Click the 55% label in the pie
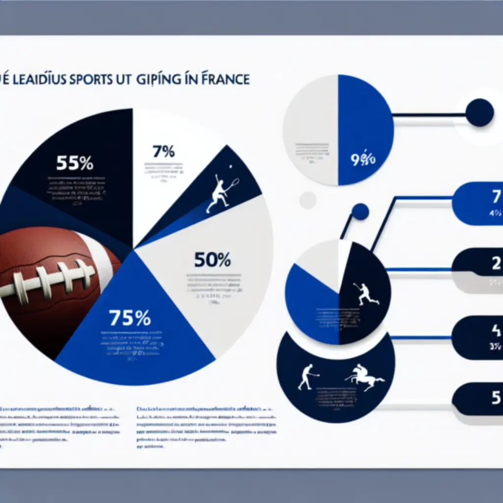point(74,163)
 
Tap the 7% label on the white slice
point(163,152)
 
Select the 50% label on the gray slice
point(212,259)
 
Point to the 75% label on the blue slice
point(130,318)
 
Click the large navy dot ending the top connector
point(479,112)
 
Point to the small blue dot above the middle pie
point(360,212)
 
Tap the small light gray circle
point(307,200)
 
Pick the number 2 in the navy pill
point(495,265)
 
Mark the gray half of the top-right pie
point(310,130)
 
